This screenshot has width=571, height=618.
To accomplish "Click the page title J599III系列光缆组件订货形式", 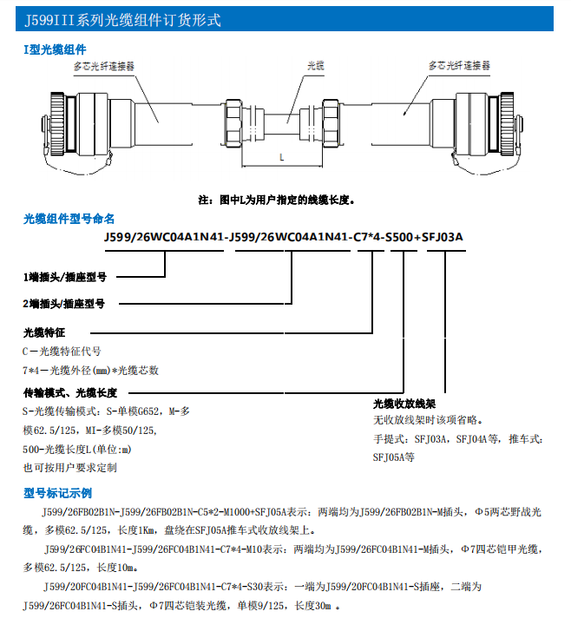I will coord(122,20).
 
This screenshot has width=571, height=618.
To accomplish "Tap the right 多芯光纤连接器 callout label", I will coord(460,65).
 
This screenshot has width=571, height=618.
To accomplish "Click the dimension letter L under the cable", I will coord(283,156).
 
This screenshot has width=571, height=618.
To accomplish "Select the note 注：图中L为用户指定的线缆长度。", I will coord(277,200).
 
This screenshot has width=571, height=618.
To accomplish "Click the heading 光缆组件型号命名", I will coord(69,219).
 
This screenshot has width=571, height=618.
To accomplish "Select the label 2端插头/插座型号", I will coord(64,304).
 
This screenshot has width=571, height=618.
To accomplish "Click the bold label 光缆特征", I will coord(45,332).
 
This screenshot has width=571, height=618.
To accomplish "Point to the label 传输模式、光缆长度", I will coord(70,392).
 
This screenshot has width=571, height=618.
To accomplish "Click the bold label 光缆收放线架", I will coord(404,404).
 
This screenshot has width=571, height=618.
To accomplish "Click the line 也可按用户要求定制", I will coord(70,467).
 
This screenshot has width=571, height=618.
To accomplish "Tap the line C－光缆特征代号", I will coord(62,352).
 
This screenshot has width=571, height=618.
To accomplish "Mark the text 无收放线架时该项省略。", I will coord(427,420).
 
